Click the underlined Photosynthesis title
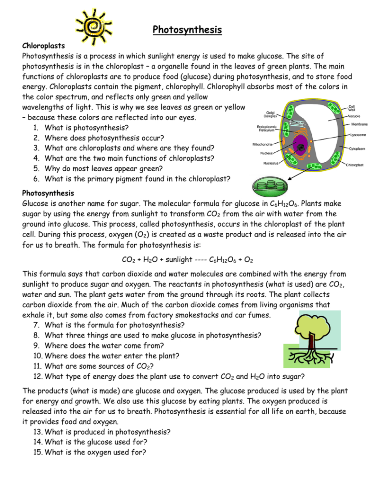187,30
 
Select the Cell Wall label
353,108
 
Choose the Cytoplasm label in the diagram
357,149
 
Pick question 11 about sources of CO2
102,367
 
